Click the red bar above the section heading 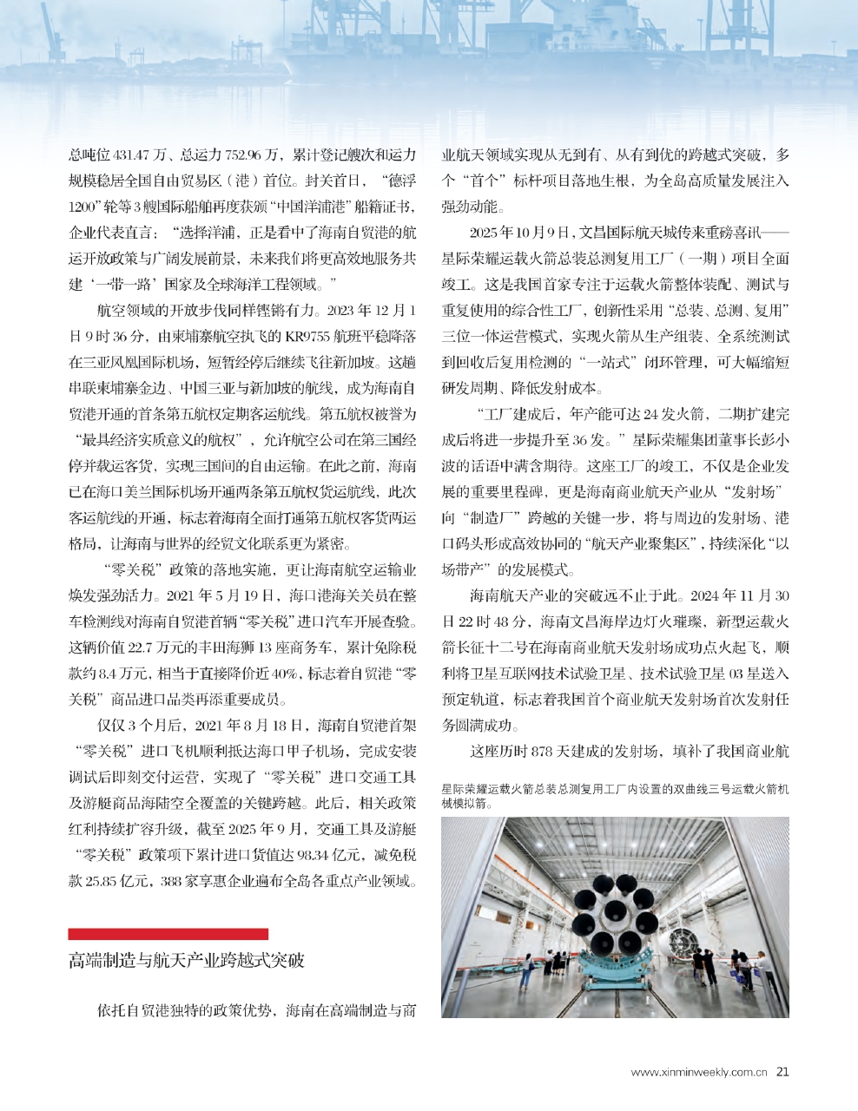[x=168, y=934]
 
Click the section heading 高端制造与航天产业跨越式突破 [x=187, y=960]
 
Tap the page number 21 [x=782, y=1071]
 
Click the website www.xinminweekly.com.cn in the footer [x=699, y=1072]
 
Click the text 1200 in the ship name [x=84, y=207]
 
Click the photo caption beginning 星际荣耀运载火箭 [x=615, y=796]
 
